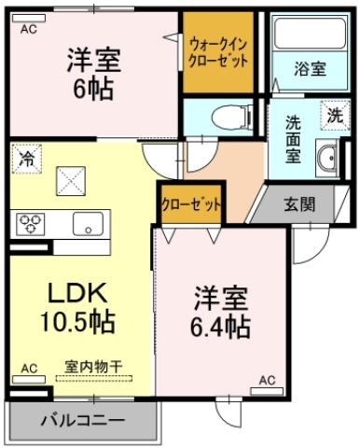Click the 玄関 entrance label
pyautogui.click(x=298, y=204)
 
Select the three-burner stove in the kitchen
pyautogui.click(x=31, y=223)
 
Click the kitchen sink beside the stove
pyautogui.click(x=89, y=223)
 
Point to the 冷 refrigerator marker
pyautogui.click(x=26, y=159)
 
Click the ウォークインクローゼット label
pyautogui.click(x=218, y=50)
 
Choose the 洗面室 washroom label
pyautogui.click(x=292, y=138)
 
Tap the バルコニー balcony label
pyautogui.click(x=82, y=421)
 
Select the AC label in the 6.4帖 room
pyautogui.click(x=267, y=380)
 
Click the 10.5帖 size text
pyautogui.click(x=77, y=323)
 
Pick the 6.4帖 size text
pyautogui.click(x=221, y=328)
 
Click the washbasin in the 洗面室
pyautogui.click(x=326, y=159)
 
